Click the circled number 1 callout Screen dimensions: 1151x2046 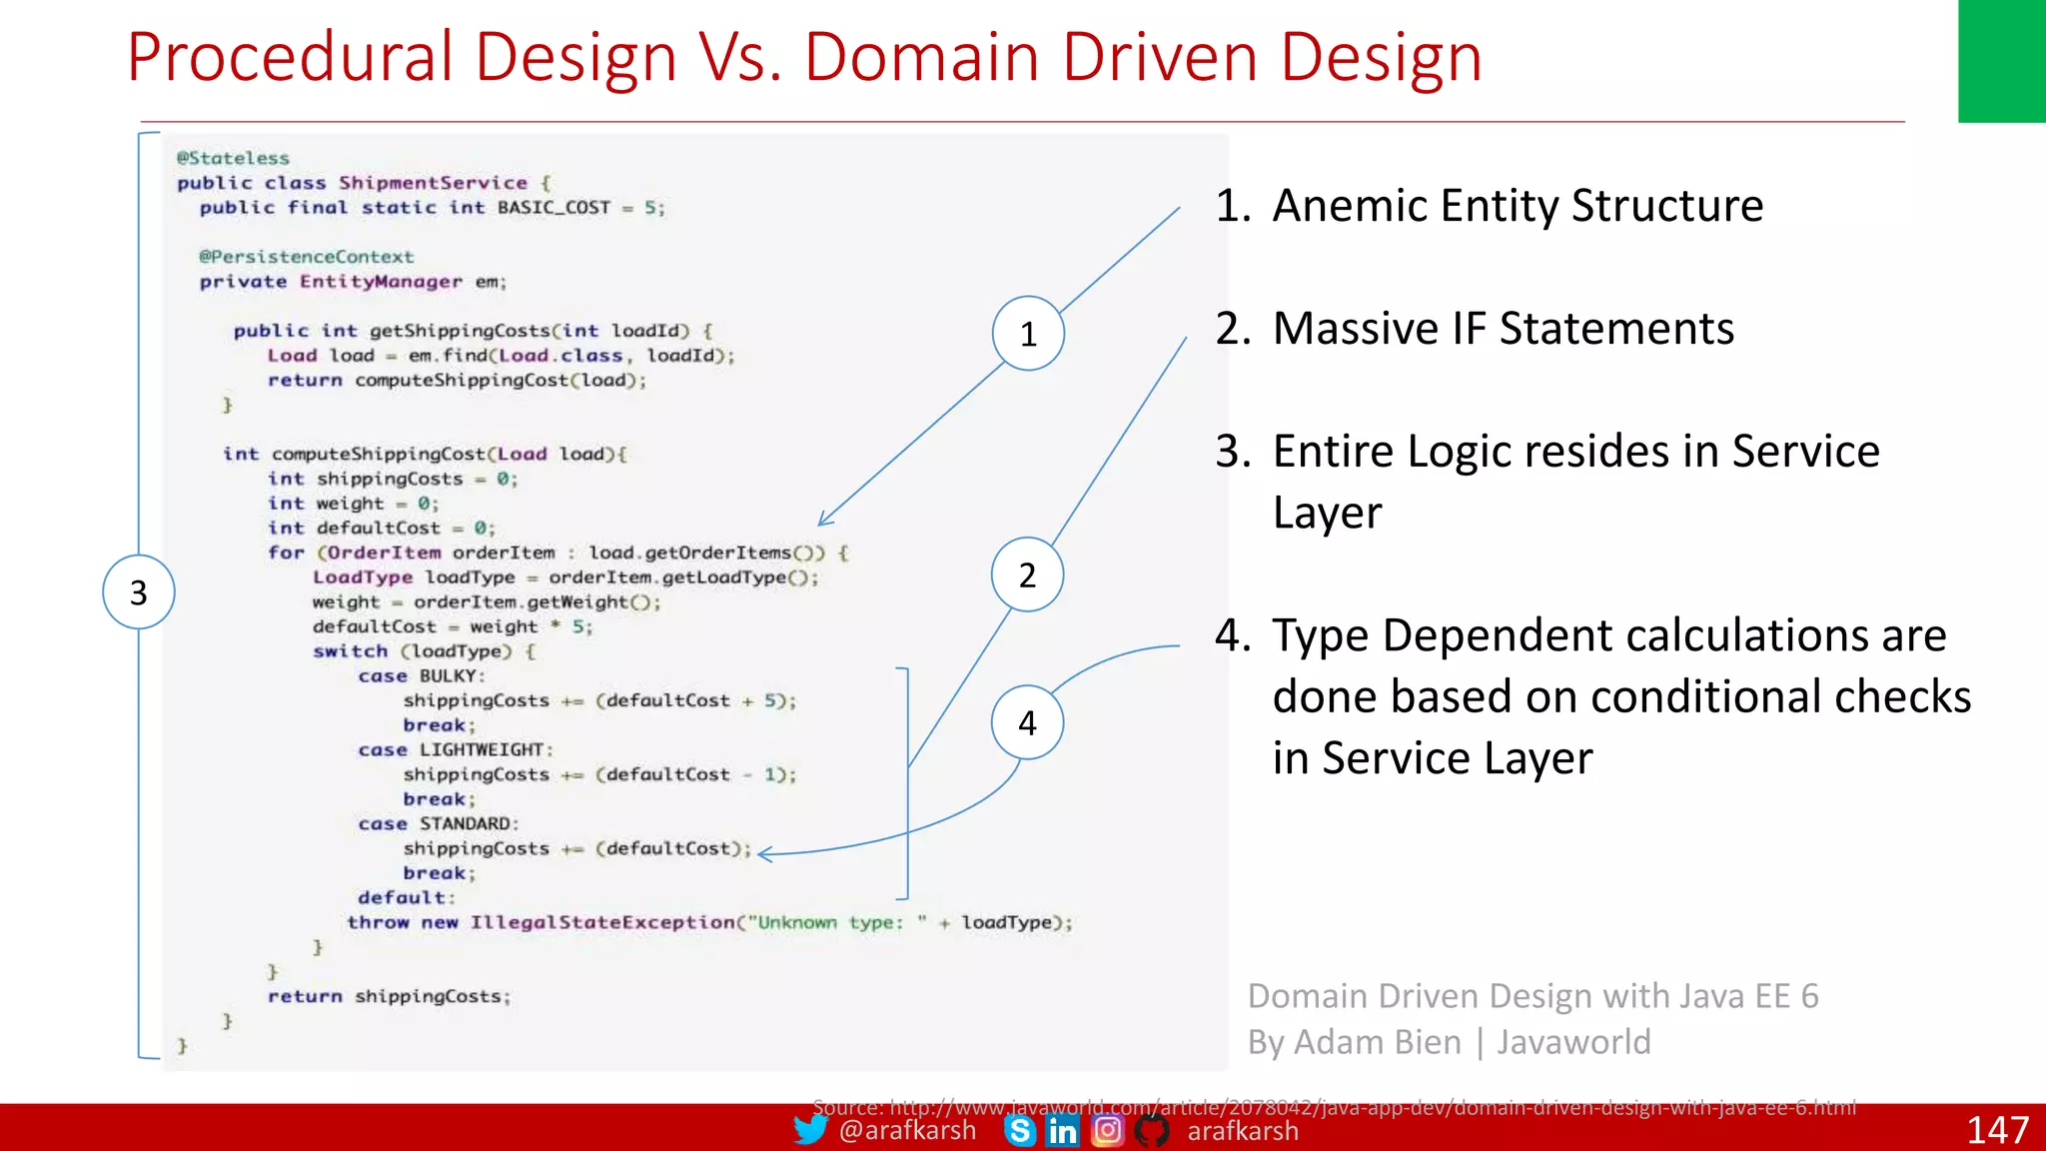(x=1028, y=334)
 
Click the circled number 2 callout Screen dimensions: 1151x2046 (x=1027, y=575)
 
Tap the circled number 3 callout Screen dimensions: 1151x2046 (x=139, y=592)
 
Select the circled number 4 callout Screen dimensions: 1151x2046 (x=1027, y=722)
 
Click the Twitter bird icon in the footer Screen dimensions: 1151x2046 (x=810, y=1130)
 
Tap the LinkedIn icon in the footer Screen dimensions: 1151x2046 (x=1062, y=1131)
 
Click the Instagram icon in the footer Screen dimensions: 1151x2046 (x=1107, y=1130)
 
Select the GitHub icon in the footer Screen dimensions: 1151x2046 (x=1152, y=1131)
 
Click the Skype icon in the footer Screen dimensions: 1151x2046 (x=1020, y=1131)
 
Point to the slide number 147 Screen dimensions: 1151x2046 (x=1997, y=1130)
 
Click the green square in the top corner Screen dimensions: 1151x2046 (x=2001, y=61)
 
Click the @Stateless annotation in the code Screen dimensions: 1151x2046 (x=233, y=158)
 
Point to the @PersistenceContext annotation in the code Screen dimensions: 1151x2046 (x=306, y=257)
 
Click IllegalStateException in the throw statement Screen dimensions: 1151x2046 (x=602, y=922)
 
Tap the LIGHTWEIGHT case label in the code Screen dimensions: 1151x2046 (x=482, y=749)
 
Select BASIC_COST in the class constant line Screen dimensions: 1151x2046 (x=553, y=208)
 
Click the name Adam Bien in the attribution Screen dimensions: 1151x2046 (x=1379, y=1042)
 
